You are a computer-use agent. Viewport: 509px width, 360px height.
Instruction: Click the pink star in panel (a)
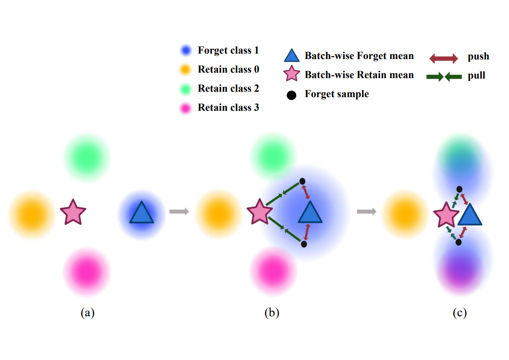tap(73, 212)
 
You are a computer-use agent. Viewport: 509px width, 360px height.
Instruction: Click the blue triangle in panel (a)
tap(142, 213)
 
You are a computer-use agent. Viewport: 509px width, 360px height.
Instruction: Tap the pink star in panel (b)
tap(259, 212)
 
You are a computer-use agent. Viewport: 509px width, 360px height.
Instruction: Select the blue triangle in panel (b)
tap(310, 213)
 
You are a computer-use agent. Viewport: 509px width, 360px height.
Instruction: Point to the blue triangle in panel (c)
tap(470, 215)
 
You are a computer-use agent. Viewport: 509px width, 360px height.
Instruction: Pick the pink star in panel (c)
tap(446, 215)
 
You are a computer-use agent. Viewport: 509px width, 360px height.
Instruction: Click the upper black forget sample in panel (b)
tap(302, 182)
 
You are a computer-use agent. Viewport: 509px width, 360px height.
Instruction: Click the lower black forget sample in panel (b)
tap(304, 244)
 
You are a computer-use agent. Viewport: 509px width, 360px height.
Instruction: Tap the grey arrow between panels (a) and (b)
tap(179, 212)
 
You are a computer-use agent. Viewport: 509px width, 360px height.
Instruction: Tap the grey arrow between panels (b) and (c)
tap(367, 212)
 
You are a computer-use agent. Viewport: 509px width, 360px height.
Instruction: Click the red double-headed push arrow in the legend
tap(444, 58)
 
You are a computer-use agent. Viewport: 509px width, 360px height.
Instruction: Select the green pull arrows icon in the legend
tap(444, 77)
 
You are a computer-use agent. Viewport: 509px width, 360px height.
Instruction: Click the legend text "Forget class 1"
tap(228, 50)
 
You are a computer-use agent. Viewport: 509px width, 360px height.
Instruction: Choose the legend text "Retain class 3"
tap(228, 108)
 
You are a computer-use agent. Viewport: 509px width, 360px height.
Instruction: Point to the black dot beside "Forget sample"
tap(292, 95)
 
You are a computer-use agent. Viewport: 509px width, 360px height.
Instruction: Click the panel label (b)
tap(272, 313)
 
